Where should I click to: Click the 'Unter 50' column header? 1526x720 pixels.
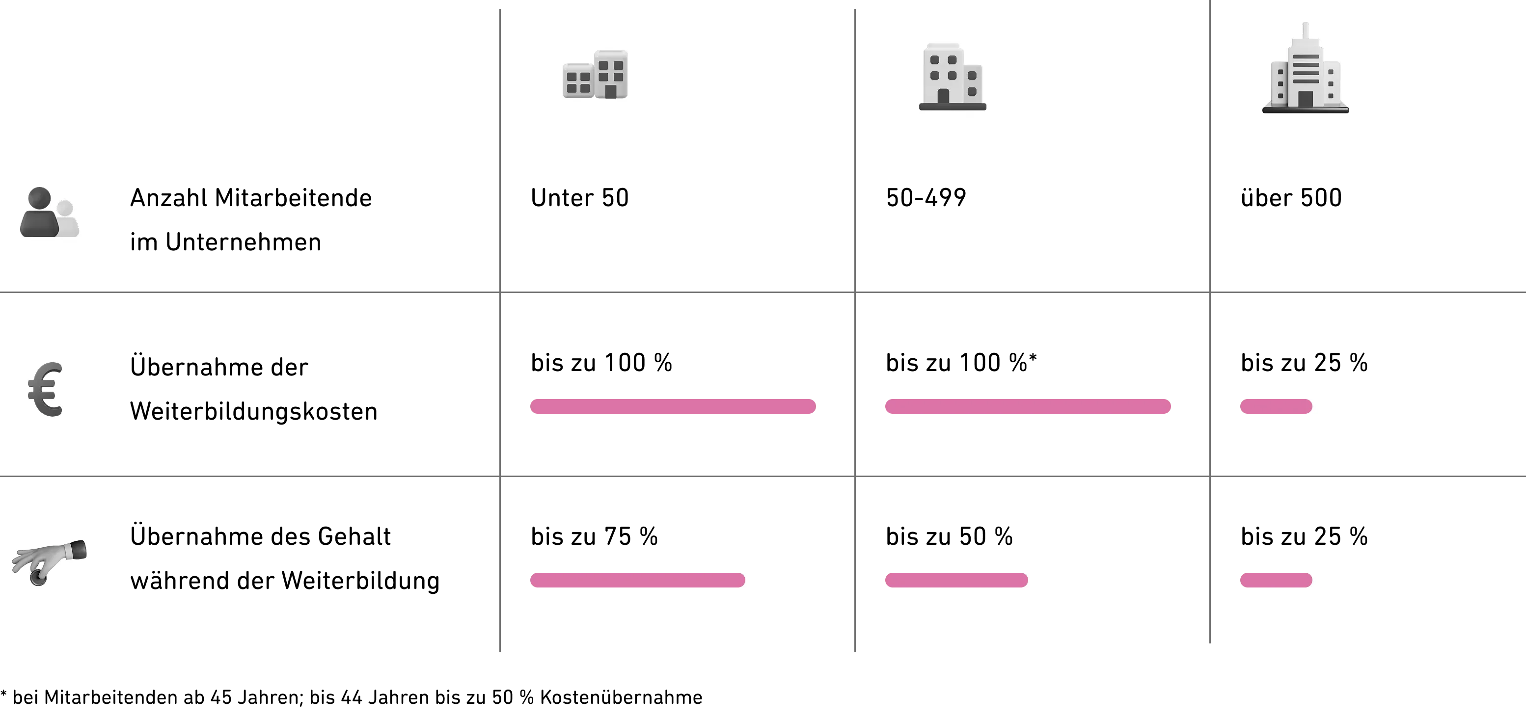tap(579, 198)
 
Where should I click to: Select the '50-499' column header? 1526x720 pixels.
tap(926, 198)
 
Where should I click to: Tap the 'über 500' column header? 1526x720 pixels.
tap(1291, 198)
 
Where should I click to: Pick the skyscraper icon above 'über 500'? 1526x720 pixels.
tap(1306, 68)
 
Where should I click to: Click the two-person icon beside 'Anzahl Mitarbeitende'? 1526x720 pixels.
tap(50, 213)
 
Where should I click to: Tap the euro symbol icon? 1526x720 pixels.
tap(46, 389)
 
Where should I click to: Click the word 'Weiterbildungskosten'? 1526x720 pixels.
tap(253, 411)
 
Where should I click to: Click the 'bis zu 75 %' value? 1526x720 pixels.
tap(594, 536)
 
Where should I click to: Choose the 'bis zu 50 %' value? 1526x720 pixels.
tap(949, 536)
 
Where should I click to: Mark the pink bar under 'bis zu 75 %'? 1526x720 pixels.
tap(637, 580)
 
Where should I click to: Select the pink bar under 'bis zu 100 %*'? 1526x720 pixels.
tap(1028, 407)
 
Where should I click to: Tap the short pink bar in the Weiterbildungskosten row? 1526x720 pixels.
tap(1276, 407)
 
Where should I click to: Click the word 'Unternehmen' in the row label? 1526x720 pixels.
tap(244, 242)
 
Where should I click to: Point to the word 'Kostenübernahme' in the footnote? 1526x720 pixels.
tap(621, 697)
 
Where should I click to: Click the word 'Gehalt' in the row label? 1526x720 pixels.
tap(354, 536)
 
